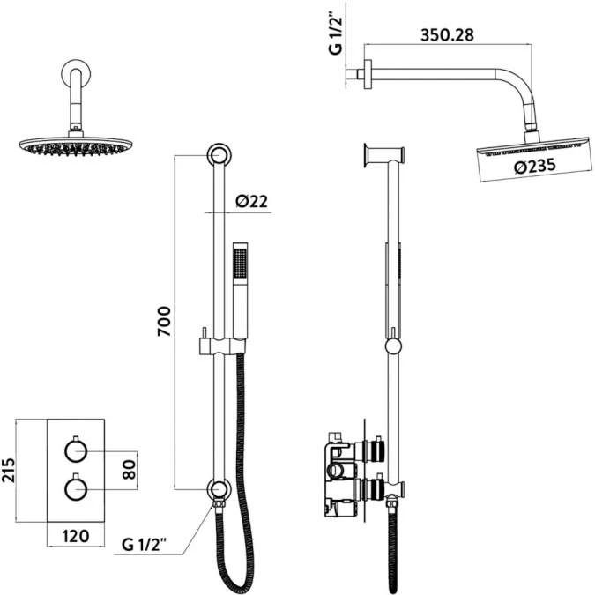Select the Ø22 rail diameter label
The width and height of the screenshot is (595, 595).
tap(251, 202)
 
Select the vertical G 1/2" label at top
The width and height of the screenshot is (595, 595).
tap(336, 33)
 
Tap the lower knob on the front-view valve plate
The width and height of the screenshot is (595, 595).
tap(74, 487)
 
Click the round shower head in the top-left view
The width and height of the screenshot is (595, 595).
tap(72, 145)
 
